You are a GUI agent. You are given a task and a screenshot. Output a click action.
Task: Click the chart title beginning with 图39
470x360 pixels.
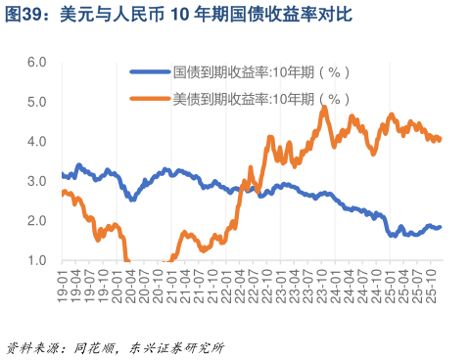point(176,15)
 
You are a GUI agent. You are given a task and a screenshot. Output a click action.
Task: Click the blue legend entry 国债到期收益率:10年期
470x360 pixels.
point(259,72)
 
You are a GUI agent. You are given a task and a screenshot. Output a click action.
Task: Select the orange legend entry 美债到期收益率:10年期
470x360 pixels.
point(259,99)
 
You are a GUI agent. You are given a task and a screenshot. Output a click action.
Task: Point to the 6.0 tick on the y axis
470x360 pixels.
point(37,62)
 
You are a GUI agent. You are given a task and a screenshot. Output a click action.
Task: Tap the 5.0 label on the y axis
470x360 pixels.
point(37,102)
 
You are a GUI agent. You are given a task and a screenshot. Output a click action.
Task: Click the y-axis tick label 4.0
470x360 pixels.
point(37,141)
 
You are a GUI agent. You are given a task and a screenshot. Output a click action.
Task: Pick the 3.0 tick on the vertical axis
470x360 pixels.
point(37,181)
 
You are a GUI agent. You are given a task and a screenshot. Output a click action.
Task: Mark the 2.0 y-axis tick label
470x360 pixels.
point(37,220)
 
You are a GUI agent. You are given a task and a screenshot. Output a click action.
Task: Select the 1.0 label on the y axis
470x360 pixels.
point(37,260)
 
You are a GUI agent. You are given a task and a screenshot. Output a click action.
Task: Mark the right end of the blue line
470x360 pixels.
point(441,227)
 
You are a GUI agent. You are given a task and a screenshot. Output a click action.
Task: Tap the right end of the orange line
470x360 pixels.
point(441,139)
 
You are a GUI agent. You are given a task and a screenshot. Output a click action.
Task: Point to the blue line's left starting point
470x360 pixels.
point(62,175)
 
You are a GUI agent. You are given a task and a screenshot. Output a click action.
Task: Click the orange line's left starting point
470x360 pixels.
point(62,193)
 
